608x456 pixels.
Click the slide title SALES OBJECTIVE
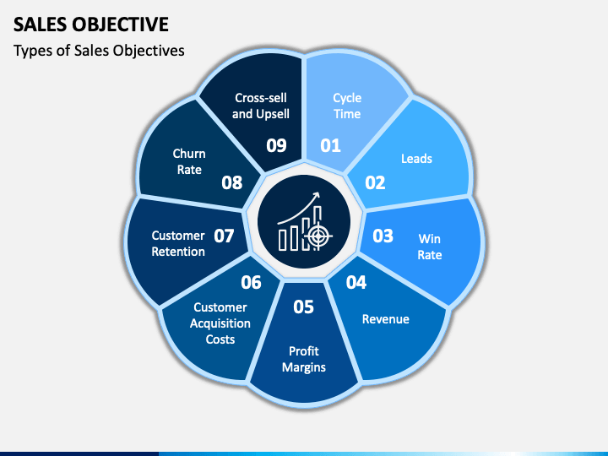[90, 24]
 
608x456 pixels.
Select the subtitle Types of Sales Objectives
[99, 51]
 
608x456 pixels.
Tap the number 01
[330, 145]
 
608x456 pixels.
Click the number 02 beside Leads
[375, 182]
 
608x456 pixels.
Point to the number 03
[383, 236]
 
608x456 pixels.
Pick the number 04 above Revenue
[356, 282]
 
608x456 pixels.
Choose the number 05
[303, 307]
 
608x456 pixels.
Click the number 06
[251, 282]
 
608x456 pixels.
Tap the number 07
[224, 236]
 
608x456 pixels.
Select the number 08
[232, 182]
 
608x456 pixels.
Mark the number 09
[277, 145]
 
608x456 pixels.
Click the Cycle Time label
[346, 106]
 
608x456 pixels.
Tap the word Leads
[416, 158]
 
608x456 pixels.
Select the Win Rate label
[430, 247]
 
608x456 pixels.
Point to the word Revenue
[385, 319]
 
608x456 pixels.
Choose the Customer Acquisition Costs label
[220, 323]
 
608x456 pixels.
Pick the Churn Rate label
[189, 161]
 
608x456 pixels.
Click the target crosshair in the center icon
[318, 236]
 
